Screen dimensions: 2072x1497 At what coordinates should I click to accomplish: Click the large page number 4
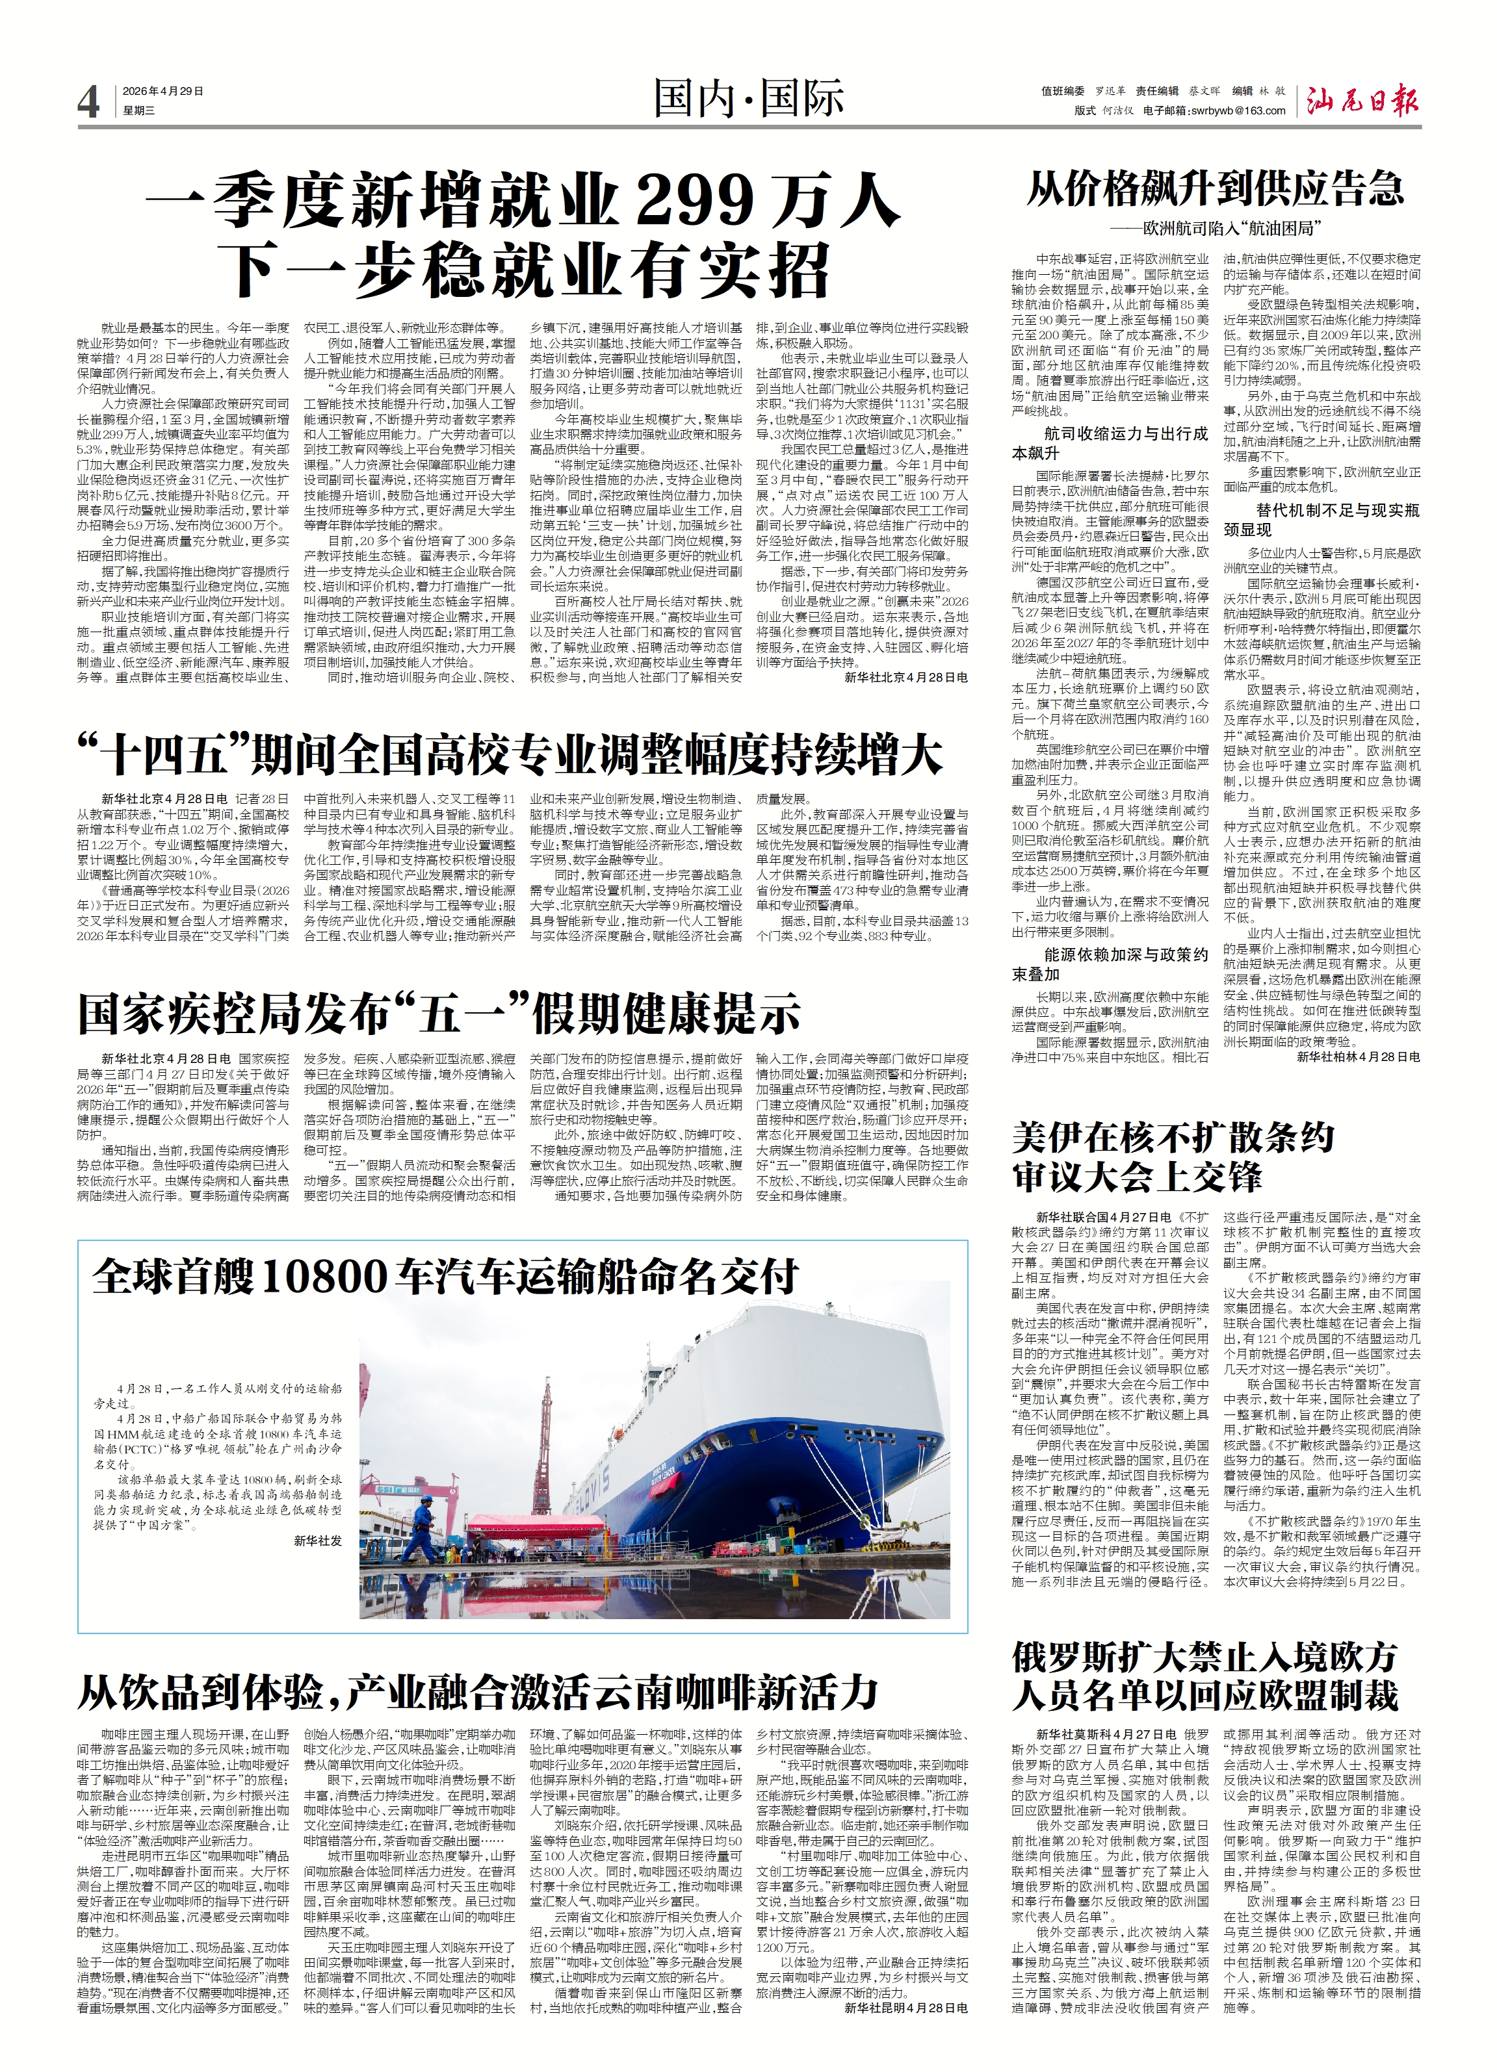pos(88,101)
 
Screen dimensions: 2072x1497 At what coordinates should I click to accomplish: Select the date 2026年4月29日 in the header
pos(163,92)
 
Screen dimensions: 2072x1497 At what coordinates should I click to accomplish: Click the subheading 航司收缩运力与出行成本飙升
pos(1110,443)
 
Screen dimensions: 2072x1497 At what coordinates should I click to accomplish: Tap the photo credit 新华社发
pos(317,1541)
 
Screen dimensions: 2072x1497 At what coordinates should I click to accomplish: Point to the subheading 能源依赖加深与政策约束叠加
pos(1110,963)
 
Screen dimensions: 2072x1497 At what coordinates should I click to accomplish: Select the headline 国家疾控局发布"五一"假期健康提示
pos(439,1013)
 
